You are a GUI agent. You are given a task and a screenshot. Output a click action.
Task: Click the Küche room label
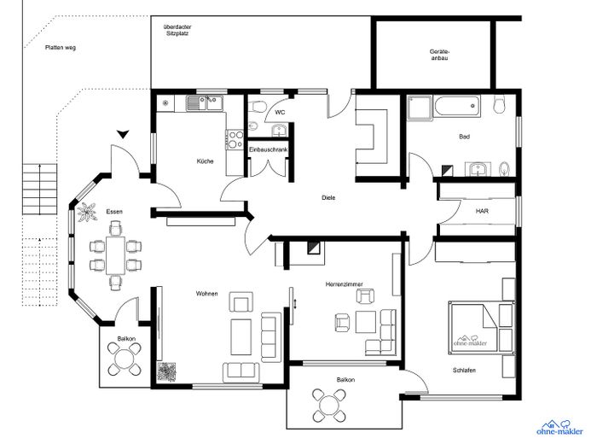[205, 161]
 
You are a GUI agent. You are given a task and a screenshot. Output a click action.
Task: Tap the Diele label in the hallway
[328, 197]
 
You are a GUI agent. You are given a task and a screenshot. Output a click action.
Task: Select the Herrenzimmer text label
[345, 284]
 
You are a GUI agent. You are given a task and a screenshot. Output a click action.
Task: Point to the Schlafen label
[464, 370]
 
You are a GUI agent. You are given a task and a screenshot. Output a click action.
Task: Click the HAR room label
[482, 211]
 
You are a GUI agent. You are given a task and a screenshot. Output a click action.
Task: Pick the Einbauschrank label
[269, 149]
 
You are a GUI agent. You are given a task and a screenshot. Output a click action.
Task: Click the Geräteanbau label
[440, 55]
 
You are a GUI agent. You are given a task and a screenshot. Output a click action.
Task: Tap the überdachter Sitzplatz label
[177, 30]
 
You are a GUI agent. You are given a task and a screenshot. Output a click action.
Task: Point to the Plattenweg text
[61, 48]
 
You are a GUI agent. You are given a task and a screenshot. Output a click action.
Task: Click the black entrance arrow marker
[123, 134]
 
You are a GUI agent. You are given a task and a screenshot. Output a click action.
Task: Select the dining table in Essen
[115, 255]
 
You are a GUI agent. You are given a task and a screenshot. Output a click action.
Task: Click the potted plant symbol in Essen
[87, 213]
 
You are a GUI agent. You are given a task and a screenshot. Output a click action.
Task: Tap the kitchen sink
[206, 103]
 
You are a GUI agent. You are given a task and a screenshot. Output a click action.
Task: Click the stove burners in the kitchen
[235, 139]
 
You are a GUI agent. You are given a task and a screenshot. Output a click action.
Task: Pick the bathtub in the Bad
[457, 107]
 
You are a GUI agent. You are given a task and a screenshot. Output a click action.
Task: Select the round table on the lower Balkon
[328, 406]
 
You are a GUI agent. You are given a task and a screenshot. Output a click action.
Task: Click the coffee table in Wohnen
[241, 337]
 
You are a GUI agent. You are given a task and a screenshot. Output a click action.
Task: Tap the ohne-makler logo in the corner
[559, 428]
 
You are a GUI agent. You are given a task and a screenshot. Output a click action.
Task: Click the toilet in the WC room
[258, 106]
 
